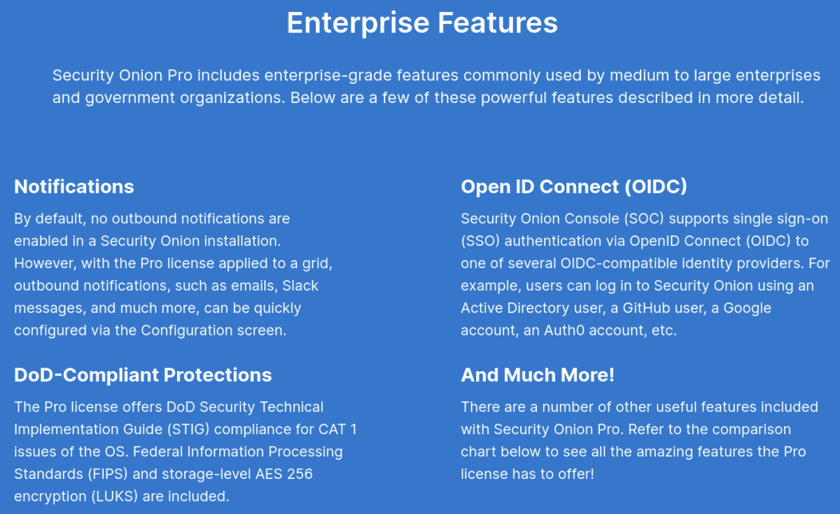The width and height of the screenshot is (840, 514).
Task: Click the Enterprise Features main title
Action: click(422, 22)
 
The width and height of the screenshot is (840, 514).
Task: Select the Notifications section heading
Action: click(74, 186)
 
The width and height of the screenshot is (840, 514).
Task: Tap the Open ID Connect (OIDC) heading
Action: click(574, 186)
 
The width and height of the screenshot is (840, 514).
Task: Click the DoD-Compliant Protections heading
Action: click(143, 375)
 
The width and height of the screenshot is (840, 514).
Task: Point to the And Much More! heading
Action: click(538, 375)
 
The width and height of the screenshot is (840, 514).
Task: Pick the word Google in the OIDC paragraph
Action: click(748, 308)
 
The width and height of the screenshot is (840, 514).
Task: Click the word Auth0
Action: click(563, 331)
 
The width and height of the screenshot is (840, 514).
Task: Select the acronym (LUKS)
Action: click(110, 496)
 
